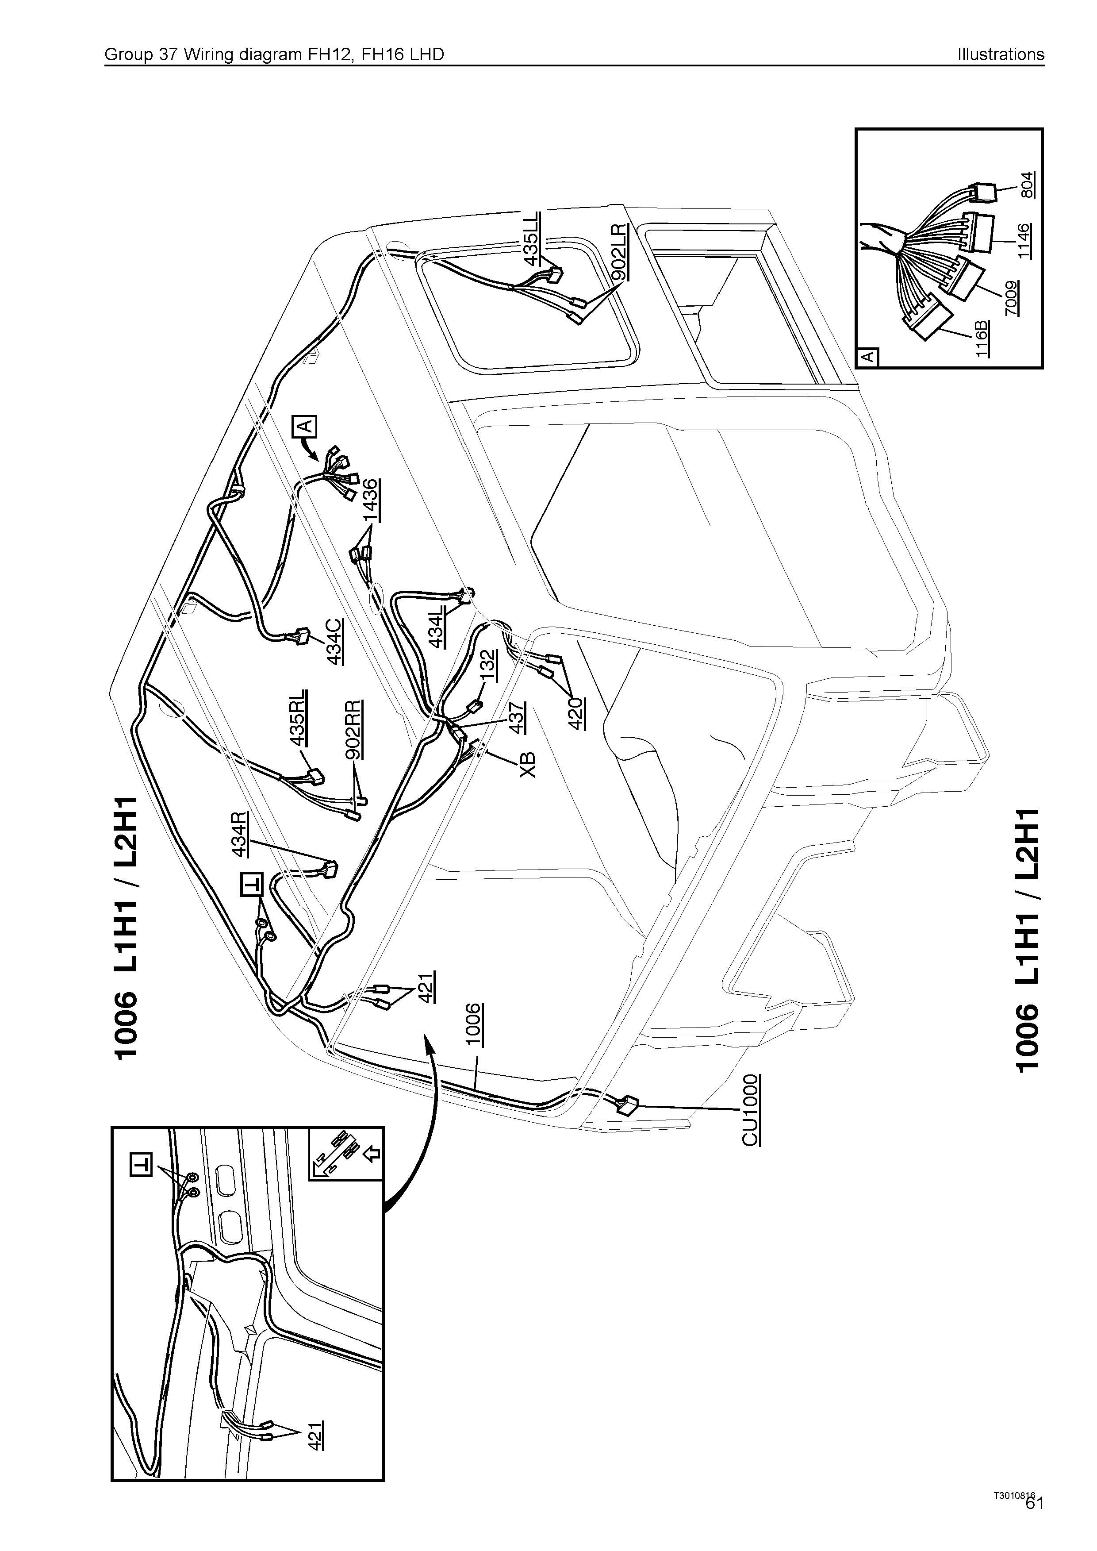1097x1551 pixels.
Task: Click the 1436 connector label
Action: pyautogui.click(x=370, y=500)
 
